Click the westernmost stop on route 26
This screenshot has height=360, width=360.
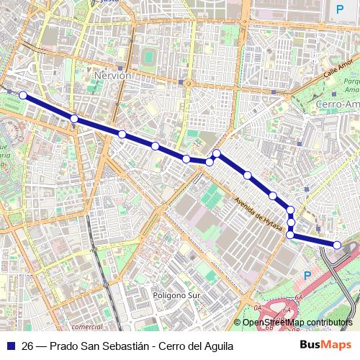click(x=23, y=95)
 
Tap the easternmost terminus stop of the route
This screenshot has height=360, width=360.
click(x=337, y=245)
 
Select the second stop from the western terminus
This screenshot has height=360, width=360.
click(x=74, y=118)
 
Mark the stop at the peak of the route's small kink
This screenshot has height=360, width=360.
click(x=216, y=153)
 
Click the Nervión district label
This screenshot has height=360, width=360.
click(x=113, y=75)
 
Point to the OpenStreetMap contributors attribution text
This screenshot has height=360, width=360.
click(x=297, y=322)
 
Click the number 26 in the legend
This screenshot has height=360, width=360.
click(x=27, y=346)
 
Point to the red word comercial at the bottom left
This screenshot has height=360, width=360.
click(x=87, y=326)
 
